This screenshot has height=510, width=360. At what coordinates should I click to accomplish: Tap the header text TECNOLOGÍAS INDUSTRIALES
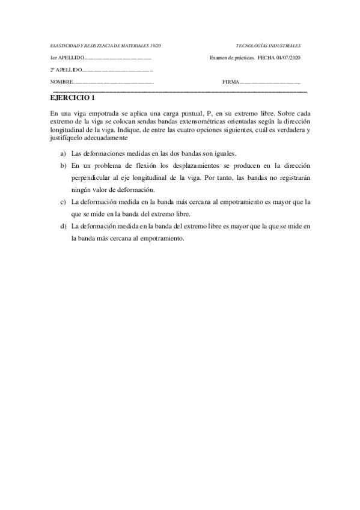269,46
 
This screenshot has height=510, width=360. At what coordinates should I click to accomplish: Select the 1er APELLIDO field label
65,58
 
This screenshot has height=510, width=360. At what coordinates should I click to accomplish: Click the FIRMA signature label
230,82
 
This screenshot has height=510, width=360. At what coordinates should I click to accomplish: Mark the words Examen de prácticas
231,58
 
